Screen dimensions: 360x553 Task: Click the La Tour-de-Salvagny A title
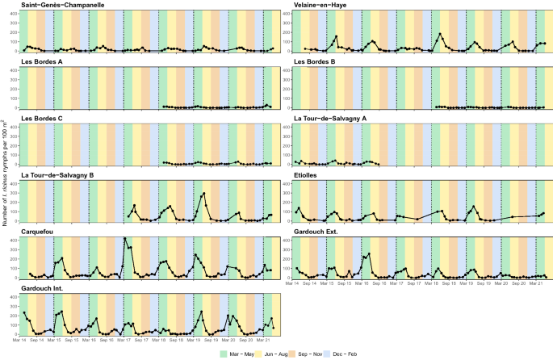point(331,119)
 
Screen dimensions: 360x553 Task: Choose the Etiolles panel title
point(306,175)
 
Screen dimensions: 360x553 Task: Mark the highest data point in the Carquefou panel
point(124,239)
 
